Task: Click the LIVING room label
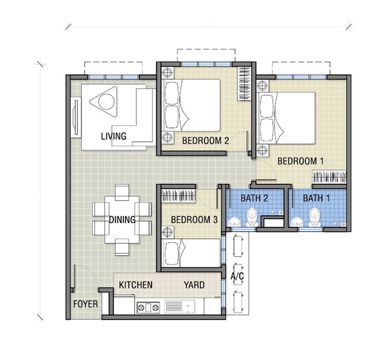pos(114,136)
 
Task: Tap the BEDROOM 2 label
pos(206,141)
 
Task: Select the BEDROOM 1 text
pos(300,161)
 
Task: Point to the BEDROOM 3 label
pos(194,220)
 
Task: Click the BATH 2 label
pos(254,199)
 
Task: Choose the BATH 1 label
pos(316,199)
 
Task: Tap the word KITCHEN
pos(135,285)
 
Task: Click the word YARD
pos(194,285)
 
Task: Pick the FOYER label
pos(86,304)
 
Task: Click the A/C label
pos(237,276)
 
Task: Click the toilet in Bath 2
pos(252,217)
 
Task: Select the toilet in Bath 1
pos(315,217)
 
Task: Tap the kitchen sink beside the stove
pos(180,307)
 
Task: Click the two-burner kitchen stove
pos(148,308)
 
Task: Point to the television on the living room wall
pos(75,117)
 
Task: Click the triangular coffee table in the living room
pos(104,102)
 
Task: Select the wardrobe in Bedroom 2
pos(244,84)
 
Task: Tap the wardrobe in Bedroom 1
pos(329,177)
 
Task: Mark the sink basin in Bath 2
pos(234,222)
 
